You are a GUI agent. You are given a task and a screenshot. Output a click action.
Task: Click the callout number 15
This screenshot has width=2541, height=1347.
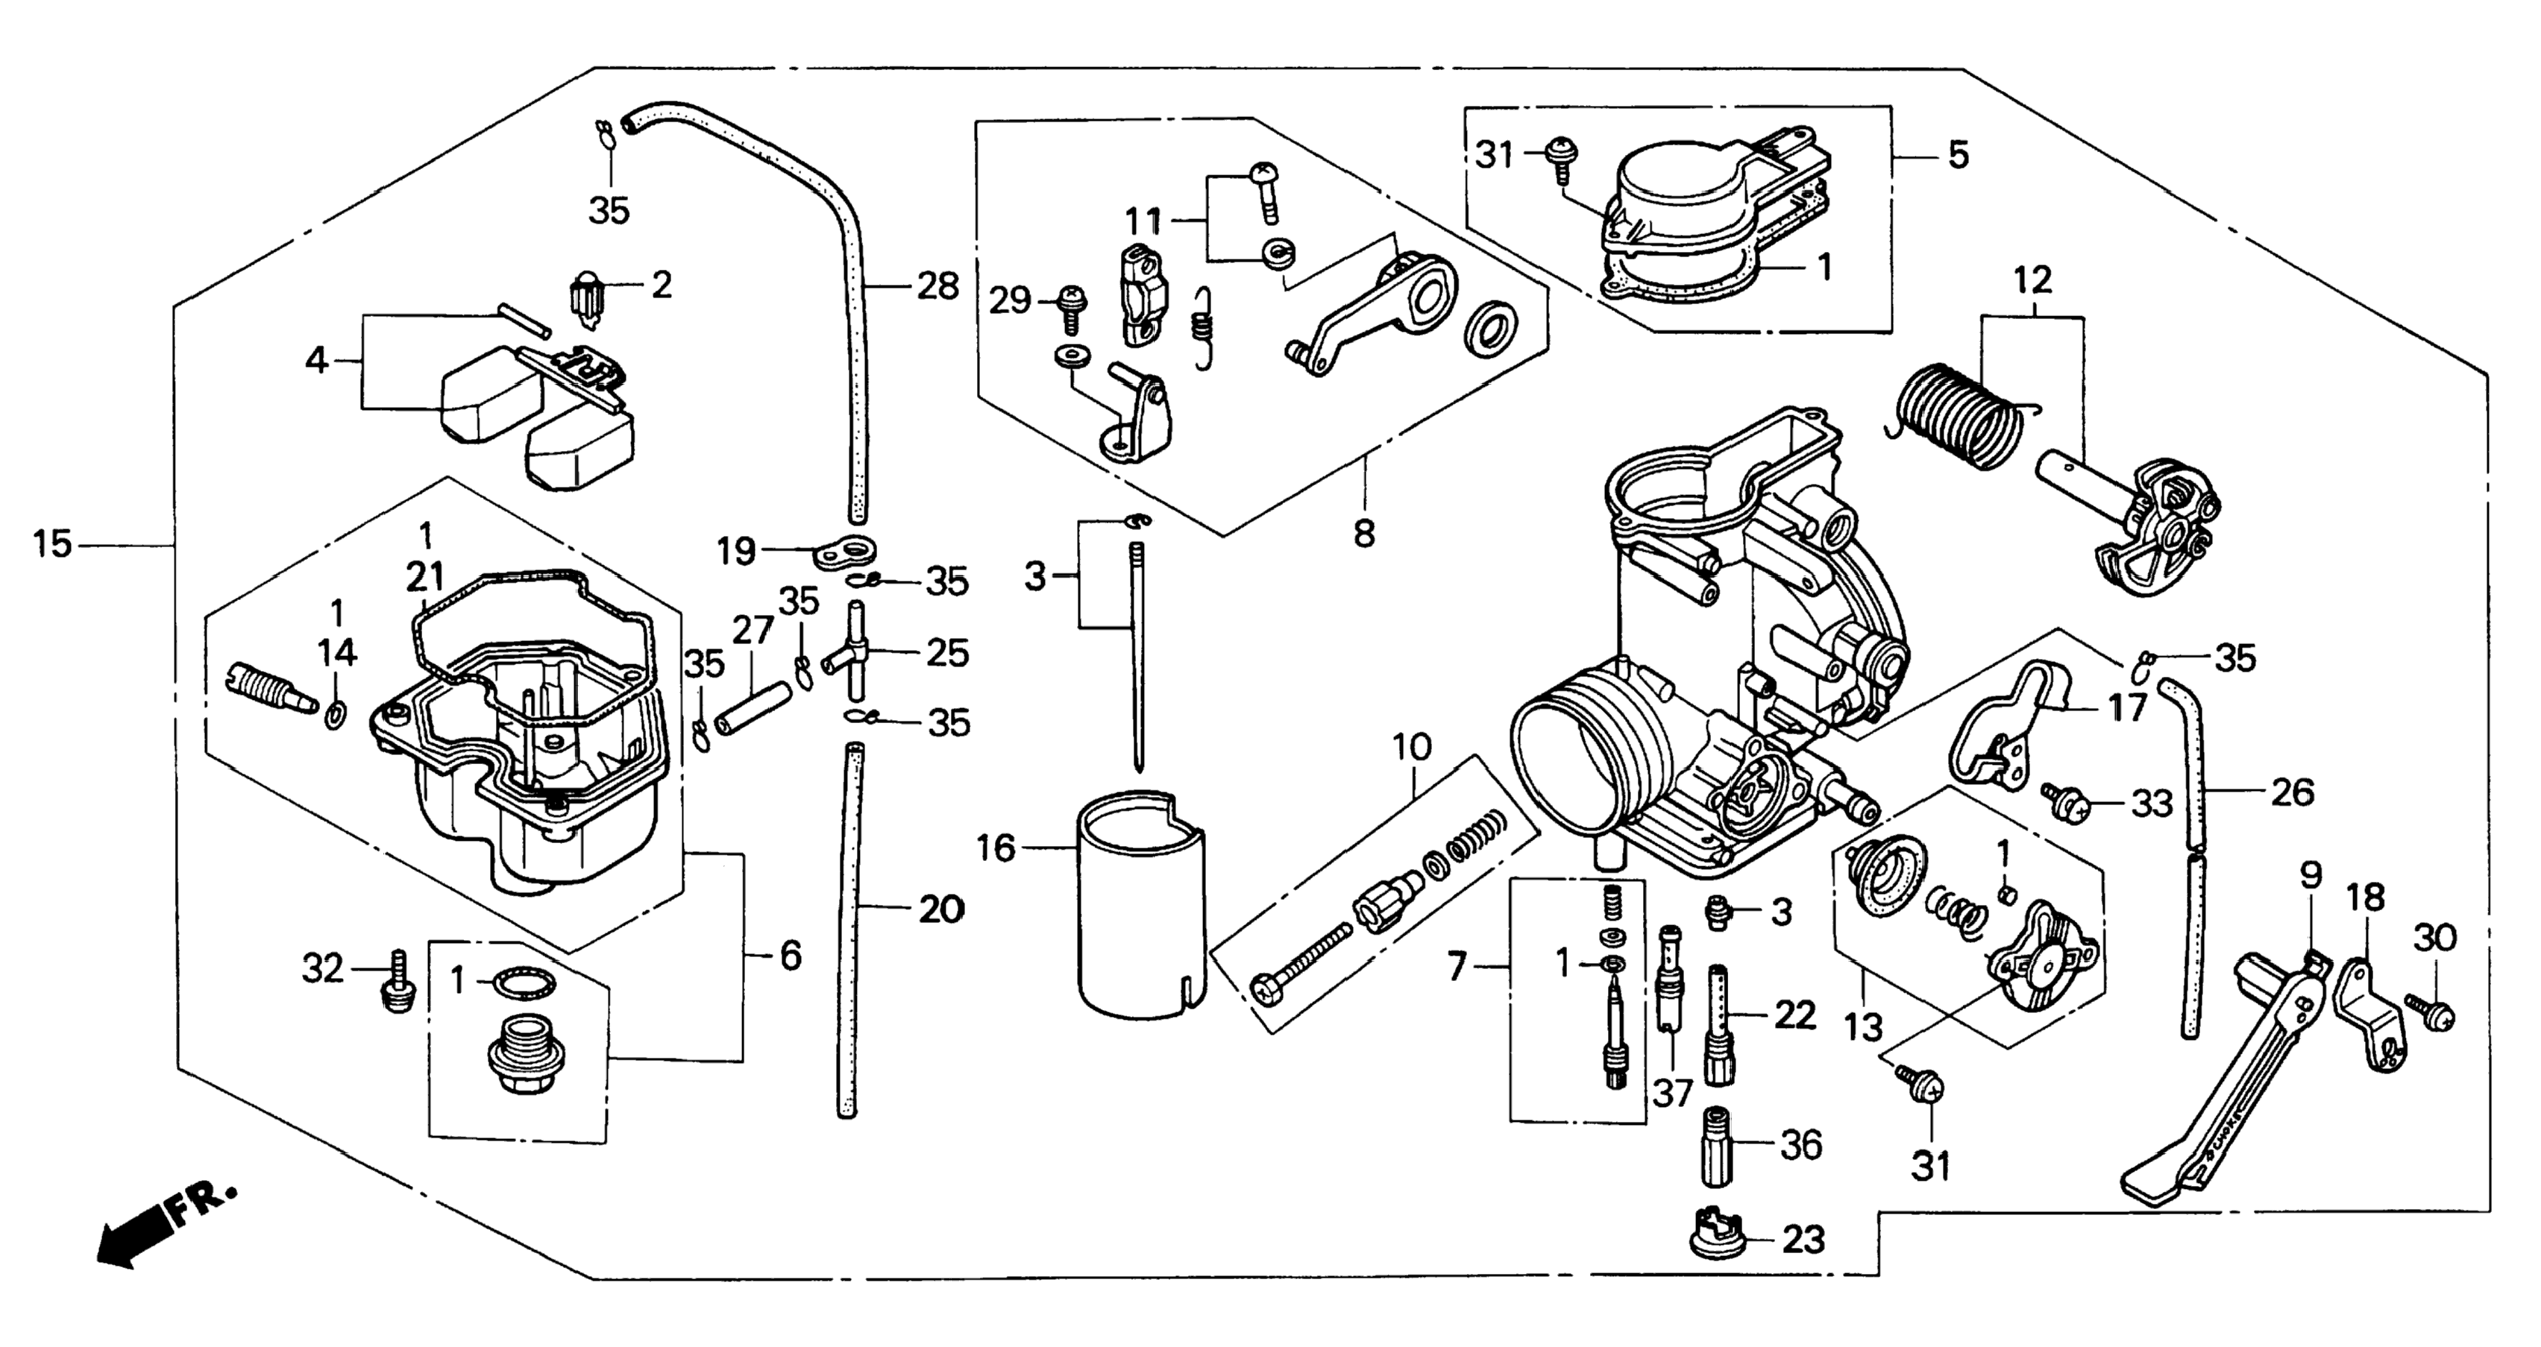[52, 544]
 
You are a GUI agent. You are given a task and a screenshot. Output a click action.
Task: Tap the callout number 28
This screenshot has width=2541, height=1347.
[937, 287]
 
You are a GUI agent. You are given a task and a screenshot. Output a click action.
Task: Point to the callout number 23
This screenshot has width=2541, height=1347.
[1803, 1240]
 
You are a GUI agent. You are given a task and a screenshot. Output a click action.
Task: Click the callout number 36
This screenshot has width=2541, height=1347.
[1801, 1145]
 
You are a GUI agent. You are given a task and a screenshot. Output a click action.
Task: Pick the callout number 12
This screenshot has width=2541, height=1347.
[2032, 281]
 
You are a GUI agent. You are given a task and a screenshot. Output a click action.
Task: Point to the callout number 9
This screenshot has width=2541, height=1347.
[2311, 876]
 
